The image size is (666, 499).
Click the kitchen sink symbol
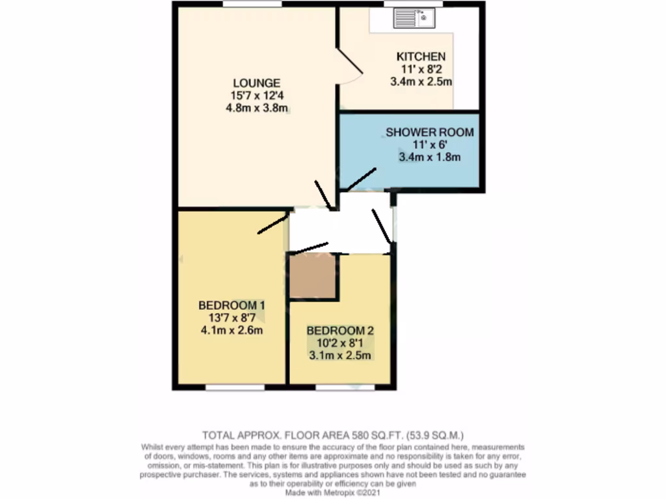click(x=413, y=18)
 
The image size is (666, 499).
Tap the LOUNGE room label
click(x=257, y=83)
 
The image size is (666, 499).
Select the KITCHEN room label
click(x=421, y=57)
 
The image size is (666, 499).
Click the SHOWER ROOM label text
click(x=429, y=133)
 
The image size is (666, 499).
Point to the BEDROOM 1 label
click(x=232, y=305)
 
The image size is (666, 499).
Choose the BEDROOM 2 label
click(x=341, y=329)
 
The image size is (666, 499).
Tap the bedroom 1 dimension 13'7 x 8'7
click(x=232, y=318)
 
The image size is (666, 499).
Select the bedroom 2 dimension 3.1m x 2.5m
click(x=341, y=355)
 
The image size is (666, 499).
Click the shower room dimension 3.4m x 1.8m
click(x=429, y=157)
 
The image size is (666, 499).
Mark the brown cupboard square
click(x=312, y=276)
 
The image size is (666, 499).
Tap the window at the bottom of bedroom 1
click(x=235, y=387)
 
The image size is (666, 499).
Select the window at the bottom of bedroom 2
click(x=345, y=387)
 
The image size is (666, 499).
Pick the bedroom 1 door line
click(x=273, y=224)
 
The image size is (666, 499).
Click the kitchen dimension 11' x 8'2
click(x=421, y=70)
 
